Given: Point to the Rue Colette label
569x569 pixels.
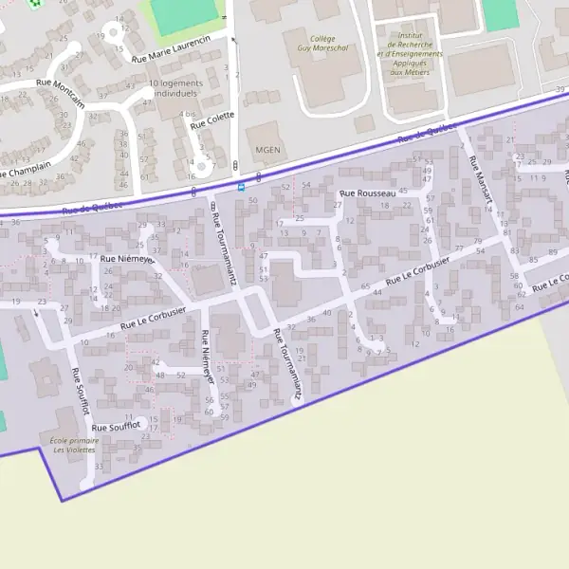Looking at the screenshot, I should click(211, 120).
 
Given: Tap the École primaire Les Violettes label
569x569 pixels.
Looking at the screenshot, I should click(75, 445).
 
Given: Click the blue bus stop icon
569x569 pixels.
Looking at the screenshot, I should click(241, 186).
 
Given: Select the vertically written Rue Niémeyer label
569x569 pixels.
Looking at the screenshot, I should click(207, 356).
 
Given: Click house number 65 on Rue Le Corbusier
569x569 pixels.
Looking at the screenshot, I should click(366, 285).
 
